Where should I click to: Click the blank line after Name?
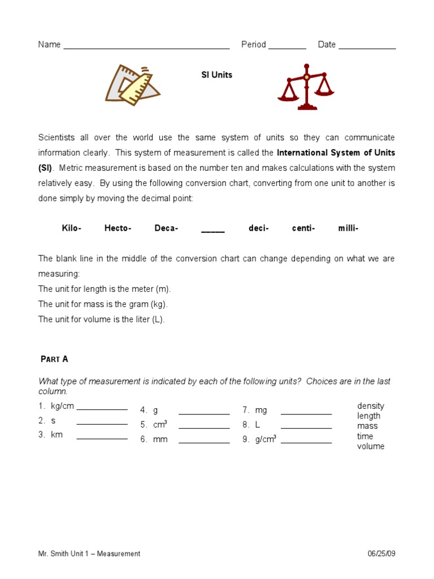coord(146,47)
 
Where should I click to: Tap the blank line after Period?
coord(287,47)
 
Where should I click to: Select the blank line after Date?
coord(367,47)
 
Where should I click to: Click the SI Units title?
coord(217,75)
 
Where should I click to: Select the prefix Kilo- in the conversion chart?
coord(72,228)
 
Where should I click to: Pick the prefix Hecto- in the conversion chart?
coord(118,228)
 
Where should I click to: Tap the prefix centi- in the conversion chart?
coord(303,228)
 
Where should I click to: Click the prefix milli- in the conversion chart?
coord(348,228)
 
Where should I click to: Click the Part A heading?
coord(55,359)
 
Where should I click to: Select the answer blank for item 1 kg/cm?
coord(102,408)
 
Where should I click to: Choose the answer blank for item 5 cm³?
coord(204,427)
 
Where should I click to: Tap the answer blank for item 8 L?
coord(306,427)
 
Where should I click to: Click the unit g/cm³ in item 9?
coord(266,439)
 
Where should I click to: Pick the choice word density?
coord(371,406)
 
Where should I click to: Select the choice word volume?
coord(371,447)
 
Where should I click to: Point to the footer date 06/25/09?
coord(381,554)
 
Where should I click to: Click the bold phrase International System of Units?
coord(336,153)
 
